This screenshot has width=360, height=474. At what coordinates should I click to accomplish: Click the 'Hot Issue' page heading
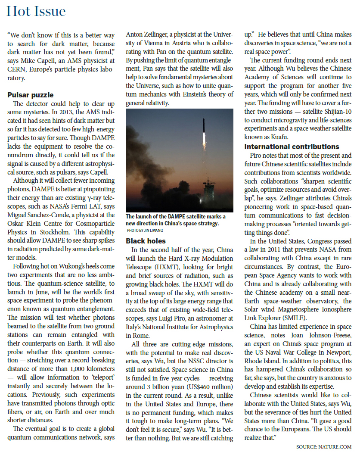37,11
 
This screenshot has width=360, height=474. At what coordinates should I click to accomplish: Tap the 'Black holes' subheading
146,241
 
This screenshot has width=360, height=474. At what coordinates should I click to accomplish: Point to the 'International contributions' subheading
292,147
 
